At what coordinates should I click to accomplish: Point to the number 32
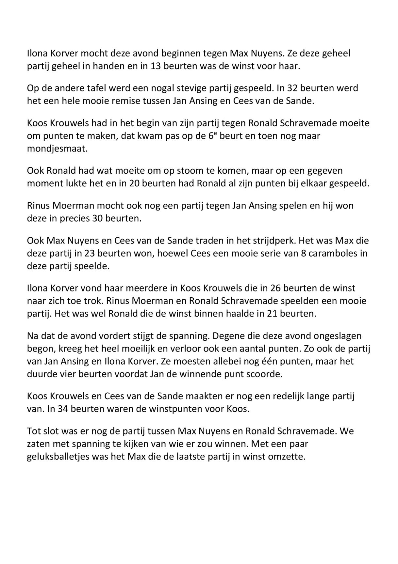(x=297, y=88)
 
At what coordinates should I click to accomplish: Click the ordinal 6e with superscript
(x=213, y=135)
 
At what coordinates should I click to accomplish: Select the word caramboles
(x=327, y=253)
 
